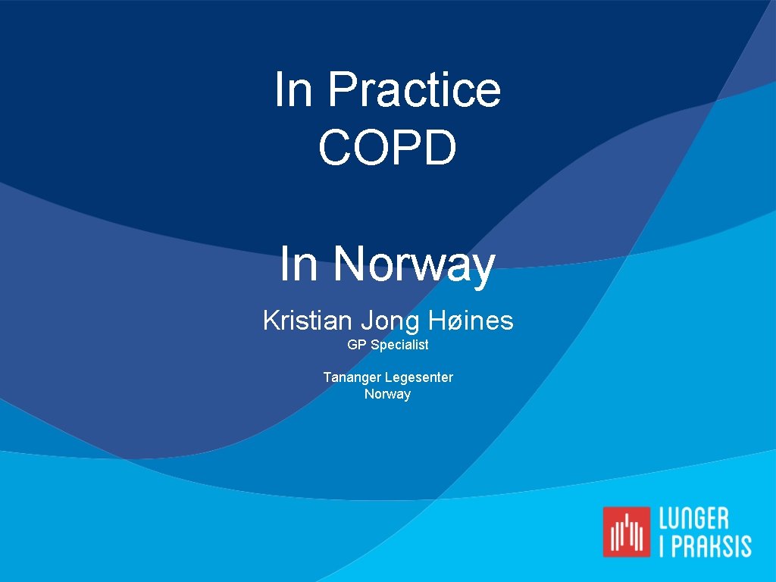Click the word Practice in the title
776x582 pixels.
click(415, 90)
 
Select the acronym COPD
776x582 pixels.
click(387, 147)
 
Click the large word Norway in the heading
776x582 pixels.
click(415, 264)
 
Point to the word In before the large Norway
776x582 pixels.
click(299, 264)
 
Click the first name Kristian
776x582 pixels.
click(307, 321)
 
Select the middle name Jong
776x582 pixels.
click(390, 321)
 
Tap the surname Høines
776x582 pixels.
click(471, 321)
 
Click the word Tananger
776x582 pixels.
click(352, 377)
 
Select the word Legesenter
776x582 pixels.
click(419, 377)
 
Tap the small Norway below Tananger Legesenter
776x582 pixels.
click(387, 394)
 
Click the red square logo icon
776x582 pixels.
click(627, 531)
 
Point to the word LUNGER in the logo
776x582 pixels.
click(693, 519)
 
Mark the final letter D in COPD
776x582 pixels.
click(440, 147)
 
